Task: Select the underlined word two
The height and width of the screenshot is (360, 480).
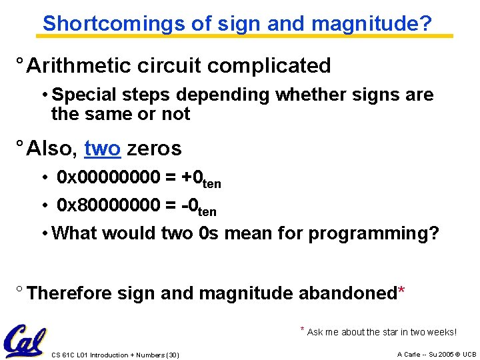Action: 102,148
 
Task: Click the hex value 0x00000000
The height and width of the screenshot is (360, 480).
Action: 109,177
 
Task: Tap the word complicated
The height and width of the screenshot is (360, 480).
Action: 279,66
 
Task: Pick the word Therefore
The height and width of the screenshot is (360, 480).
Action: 71,293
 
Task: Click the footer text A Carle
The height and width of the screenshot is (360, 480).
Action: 409,354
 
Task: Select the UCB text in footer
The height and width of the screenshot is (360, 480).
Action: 469,354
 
